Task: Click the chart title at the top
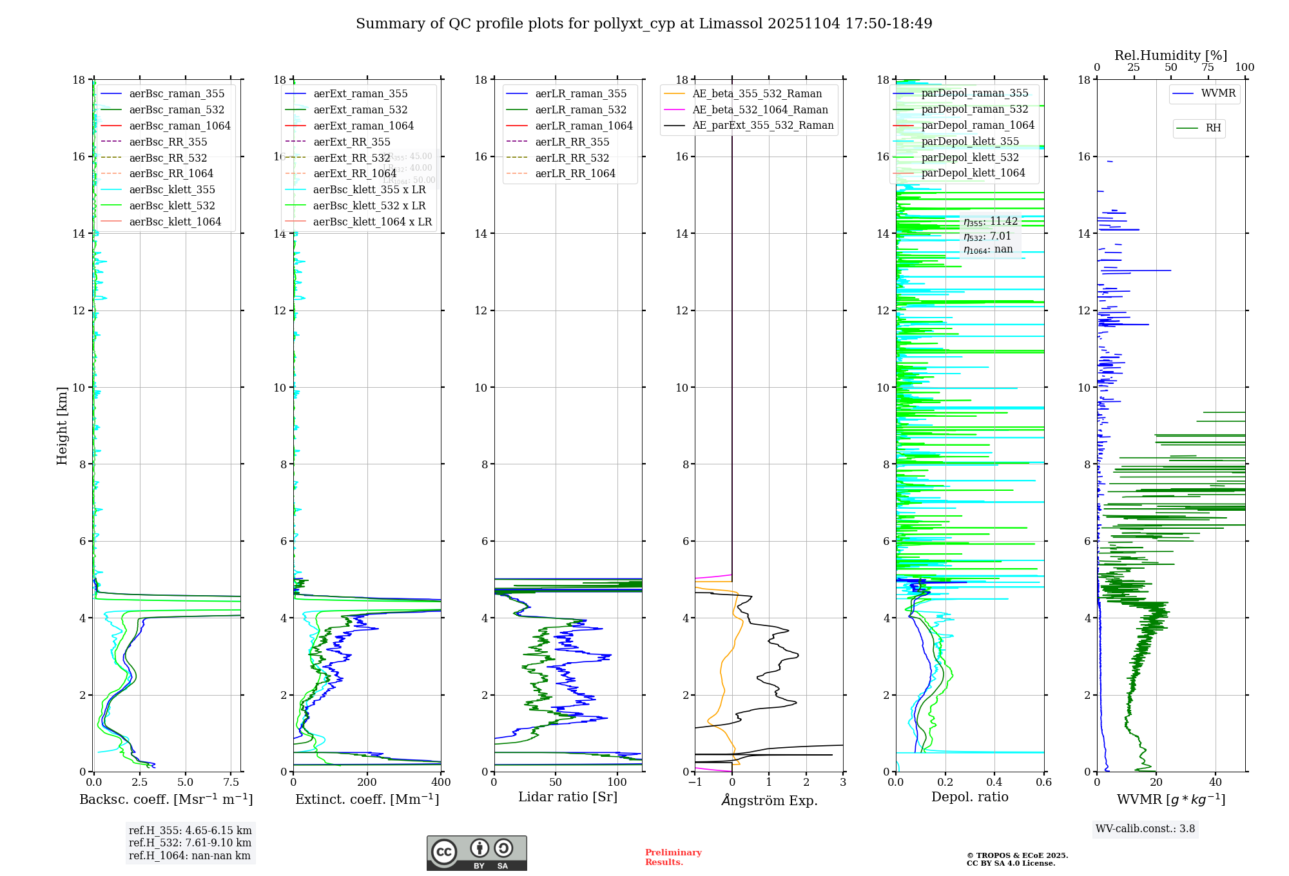pos(644,24)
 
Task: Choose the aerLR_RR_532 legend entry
pos(572,158)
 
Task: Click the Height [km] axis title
pos(62,426)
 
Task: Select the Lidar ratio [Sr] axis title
pos(568,797)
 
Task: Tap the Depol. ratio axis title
pos(969,797)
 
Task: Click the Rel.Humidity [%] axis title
pos(1170,55)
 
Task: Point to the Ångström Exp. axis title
pos(769,800)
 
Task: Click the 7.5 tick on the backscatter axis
pos(231,783)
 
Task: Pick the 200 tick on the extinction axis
pos(367,783)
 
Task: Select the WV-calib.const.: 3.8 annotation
pos(1145,829)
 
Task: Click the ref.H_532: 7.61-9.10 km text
pos(190,843)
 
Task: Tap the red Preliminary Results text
pos(673,857)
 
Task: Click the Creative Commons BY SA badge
pos(476,853)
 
